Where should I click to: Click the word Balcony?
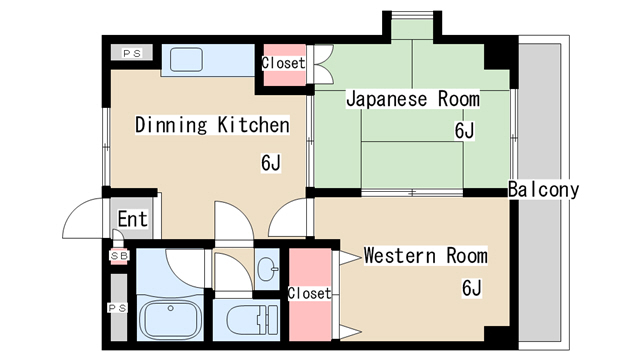(543, 190)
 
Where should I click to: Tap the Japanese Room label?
(412, 99)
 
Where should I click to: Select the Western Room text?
(425, 255)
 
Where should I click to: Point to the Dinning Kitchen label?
(212, 125)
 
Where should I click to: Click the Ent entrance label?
(132, 219)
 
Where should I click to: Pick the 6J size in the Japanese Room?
(463, 131)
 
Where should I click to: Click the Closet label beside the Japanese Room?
(283, 63)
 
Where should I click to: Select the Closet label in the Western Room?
(308, 293)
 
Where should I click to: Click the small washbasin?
(267, 268)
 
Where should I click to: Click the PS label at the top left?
(132, 53)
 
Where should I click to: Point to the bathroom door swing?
(185, 262)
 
